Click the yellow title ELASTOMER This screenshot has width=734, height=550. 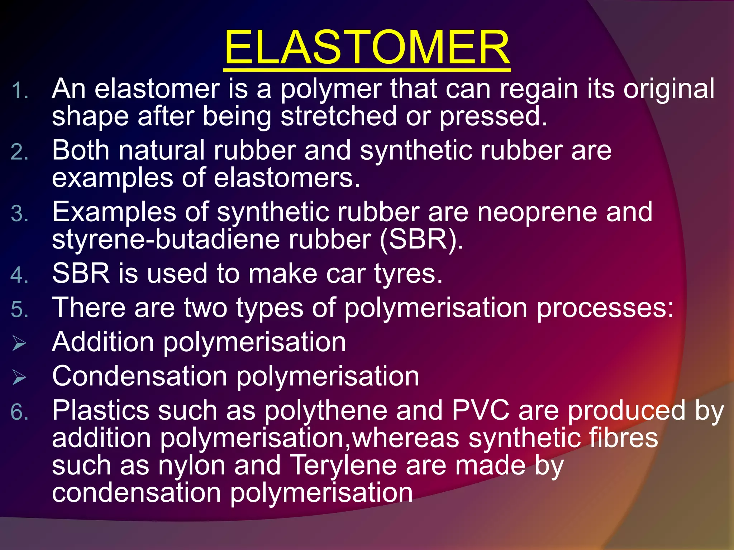click(x=367, y=47)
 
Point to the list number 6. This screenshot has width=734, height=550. click(x=19, y=412)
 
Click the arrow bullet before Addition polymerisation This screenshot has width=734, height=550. click(x=19, y=343)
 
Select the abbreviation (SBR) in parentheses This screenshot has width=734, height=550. click(x=421, y=239)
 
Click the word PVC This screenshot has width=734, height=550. click(x=480, y=410)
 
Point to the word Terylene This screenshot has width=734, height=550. click(x=343, y=465)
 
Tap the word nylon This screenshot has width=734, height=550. click(x=192, y=465)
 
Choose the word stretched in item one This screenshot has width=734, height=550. click(x=338, y=116)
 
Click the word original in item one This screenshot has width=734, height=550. click(x=669, y=89)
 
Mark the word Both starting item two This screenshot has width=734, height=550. click(x=81, y=150)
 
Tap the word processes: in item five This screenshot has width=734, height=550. click(x=605, y=308)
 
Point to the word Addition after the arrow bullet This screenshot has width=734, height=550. click(x=103, y=342)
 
